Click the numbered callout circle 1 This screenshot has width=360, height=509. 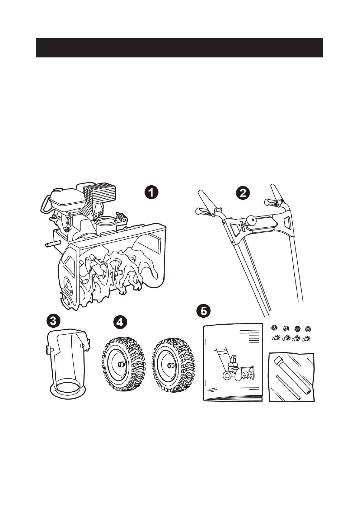[151, 193]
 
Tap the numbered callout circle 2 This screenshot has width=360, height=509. [243, 193]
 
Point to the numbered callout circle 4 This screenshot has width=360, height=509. [120, 322]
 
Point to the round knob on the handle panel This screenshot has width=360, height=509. [251, 220]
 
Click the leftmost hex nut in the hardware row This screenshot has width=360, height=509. [274, 328]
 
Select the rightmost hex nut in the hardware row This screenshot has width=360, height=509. [308, 328]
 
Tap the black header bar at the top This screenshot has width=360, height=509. [179, 47]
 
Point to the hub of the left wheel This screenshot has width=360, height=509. [121, 364]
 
